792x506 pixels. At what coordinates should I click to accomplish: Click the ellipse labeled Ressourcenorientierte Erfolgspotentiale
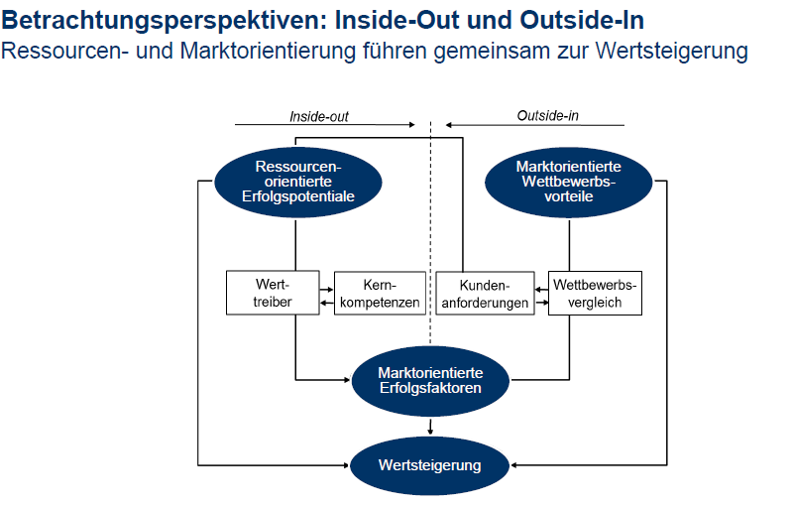pos(298,182)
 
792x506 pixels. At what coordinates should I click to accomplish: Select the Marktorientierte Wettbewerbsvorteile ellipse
pos(569,182)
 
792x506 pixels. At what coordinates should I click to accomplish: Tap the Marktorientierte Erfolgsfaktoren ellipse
pos(430,381)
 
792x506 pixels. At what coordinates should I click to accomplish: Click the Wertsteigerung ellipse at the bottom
pos(430,465)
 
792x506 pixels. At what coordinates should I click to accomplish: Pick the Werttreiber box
pos(273,294)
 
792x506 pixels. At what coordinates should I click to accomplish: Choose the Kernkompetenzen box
pos(380,294)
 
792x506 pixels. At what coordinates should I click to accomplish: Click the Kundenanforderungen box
pos(485,294)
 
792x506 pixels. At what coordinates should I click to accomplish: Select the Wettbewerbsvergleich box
pos(595,294)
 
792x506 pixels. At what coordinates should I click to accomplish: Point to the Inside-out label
pos(319,117)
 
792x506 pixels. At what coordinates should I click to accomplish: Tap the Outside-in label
pos(547,116)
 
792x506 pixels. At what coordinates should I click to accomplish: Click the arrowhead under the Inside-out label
pos(412,125)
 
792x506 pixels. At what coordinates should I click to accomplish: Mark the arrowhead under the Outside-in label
pos(448,125)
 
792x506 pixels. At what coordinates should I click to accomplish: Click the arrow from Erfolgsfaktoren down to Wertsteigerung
pos(430,426)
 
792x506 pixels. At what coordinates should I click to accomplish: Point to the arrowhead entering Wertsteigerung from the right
pos(513,465)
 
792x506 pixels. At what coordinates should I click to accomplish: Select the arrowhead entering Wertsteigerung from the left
pos(346,465)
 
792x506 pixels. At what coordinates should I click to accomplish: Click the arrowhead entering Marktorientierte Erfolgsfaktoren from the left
pos(347,380)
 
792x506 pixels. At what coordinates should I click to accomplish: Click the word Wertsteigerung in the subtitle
pos(672,51)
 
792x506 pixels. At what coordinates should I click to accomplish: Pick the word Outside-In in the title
pos(582,20)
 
